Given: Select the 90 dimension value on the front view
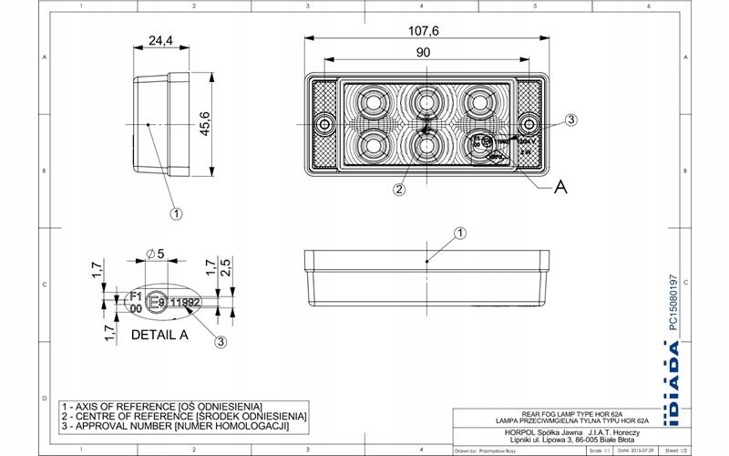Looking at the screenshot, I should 423,53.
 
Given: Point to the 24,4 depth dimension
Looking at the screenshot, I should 160,41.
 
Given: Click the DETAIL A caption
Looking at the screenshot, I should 159,335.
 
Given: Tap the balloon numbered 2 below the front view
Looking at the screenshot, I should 398,190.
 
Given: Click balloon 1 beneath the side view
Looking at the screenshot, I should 176,213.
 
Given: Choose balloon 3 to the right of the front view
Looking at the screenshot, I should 571,119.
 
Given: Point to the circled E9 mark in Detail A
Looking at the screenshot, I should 157,303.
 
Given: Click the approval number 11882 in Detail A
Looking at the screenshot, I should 186,303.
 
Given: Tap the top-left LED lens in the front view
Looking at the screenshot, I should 373,99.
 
